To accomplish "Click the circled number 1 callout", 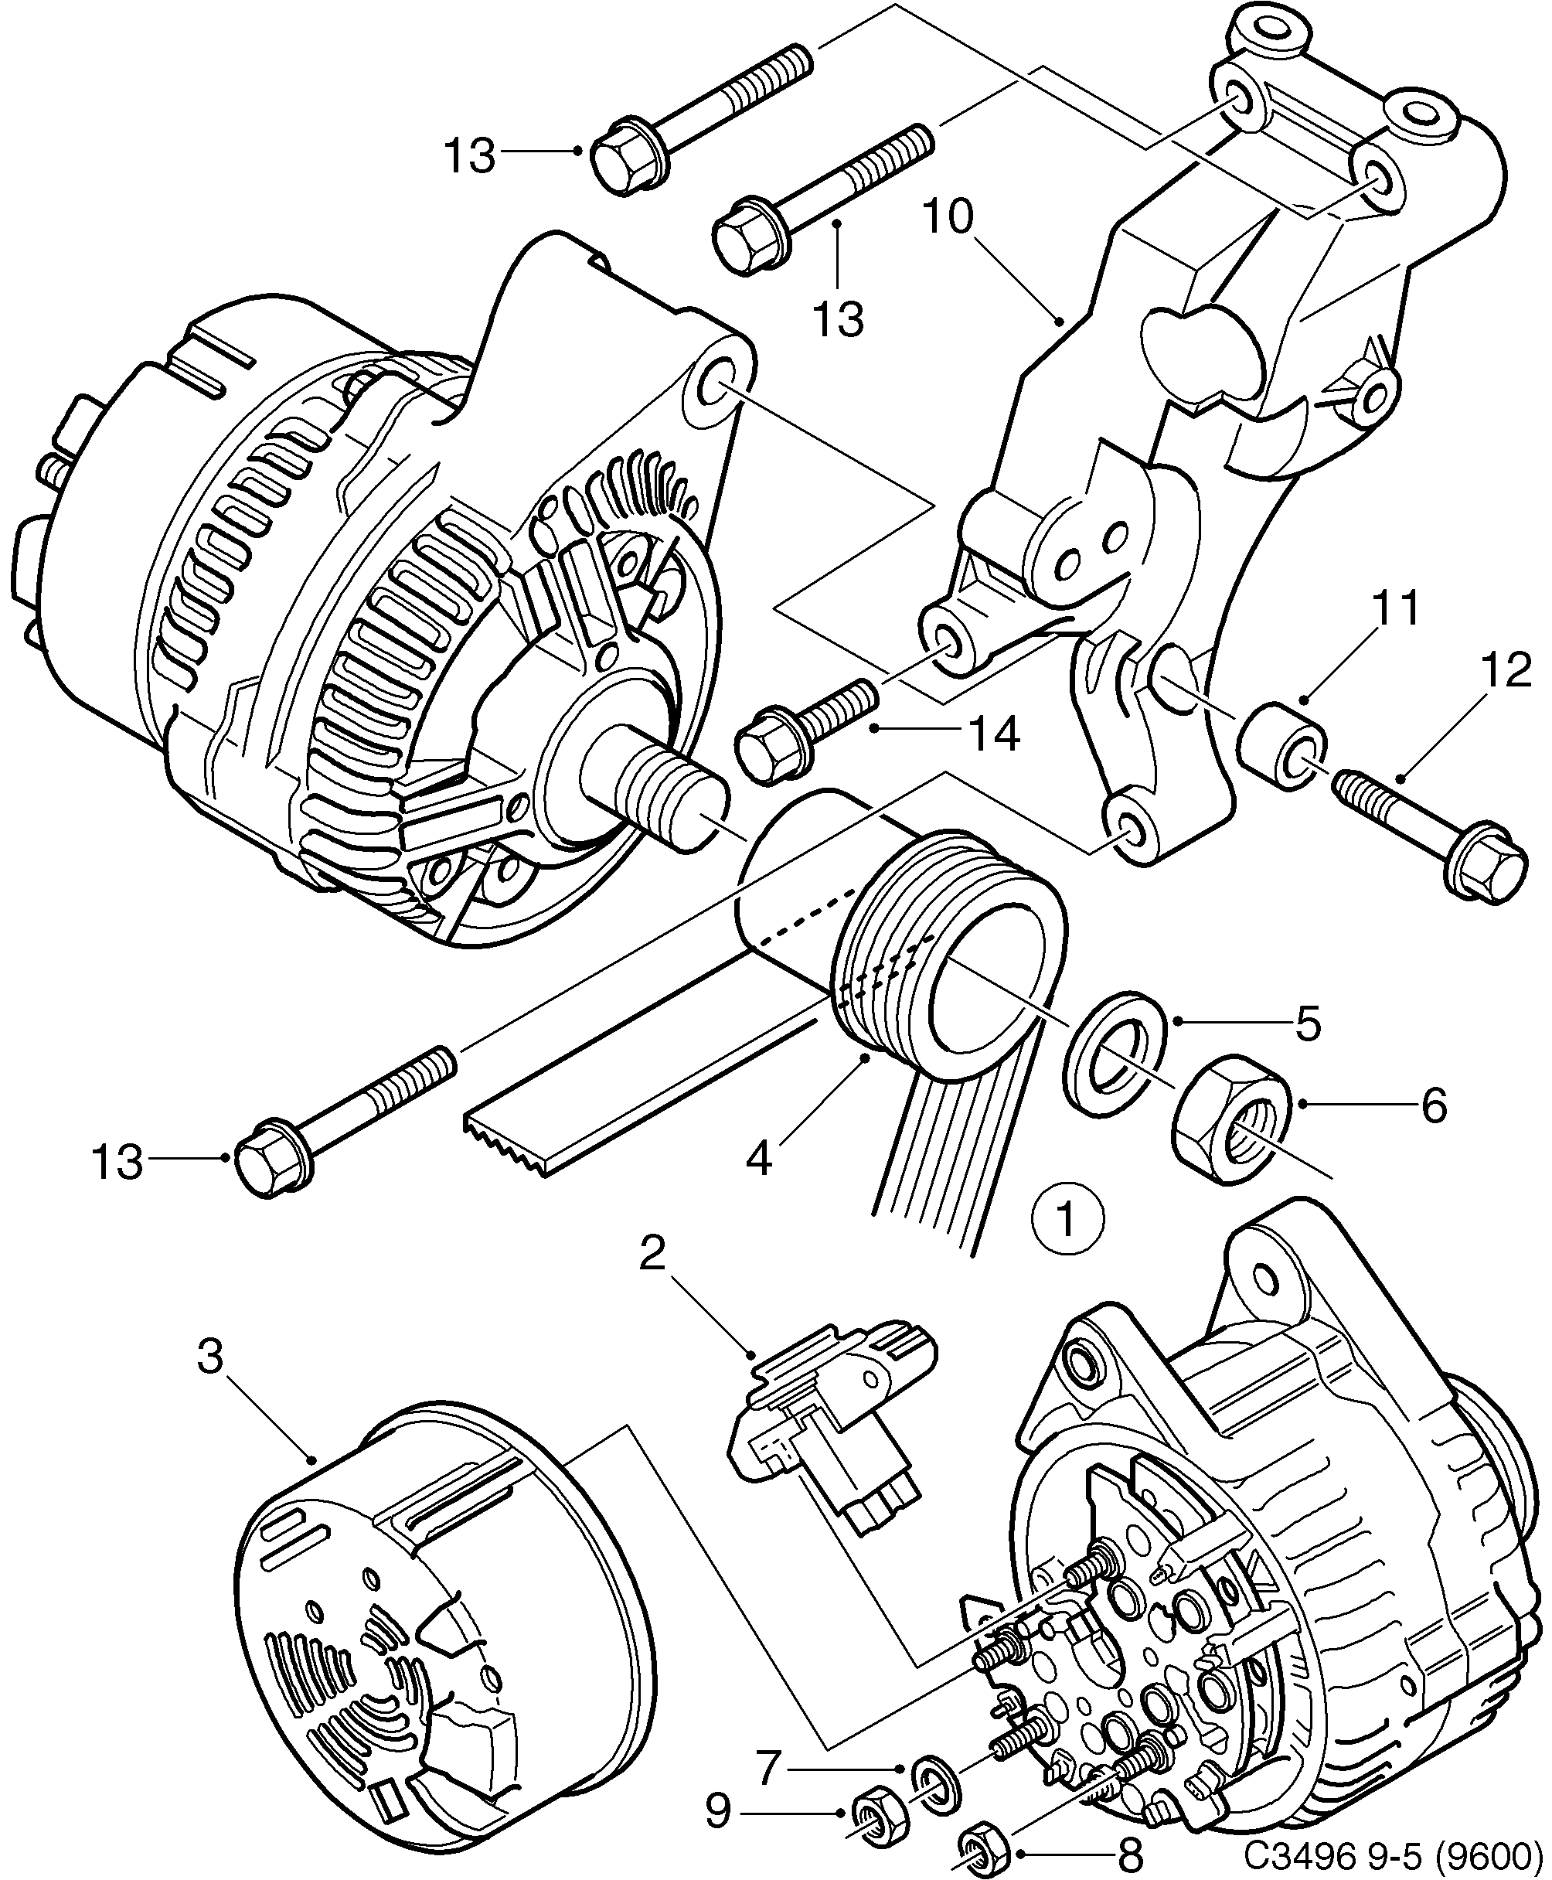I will pos(1067,1216).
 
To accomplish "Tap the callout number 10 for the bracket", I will pos(949,217).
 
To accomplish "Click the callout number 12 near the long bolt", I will pos(1506,671).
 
